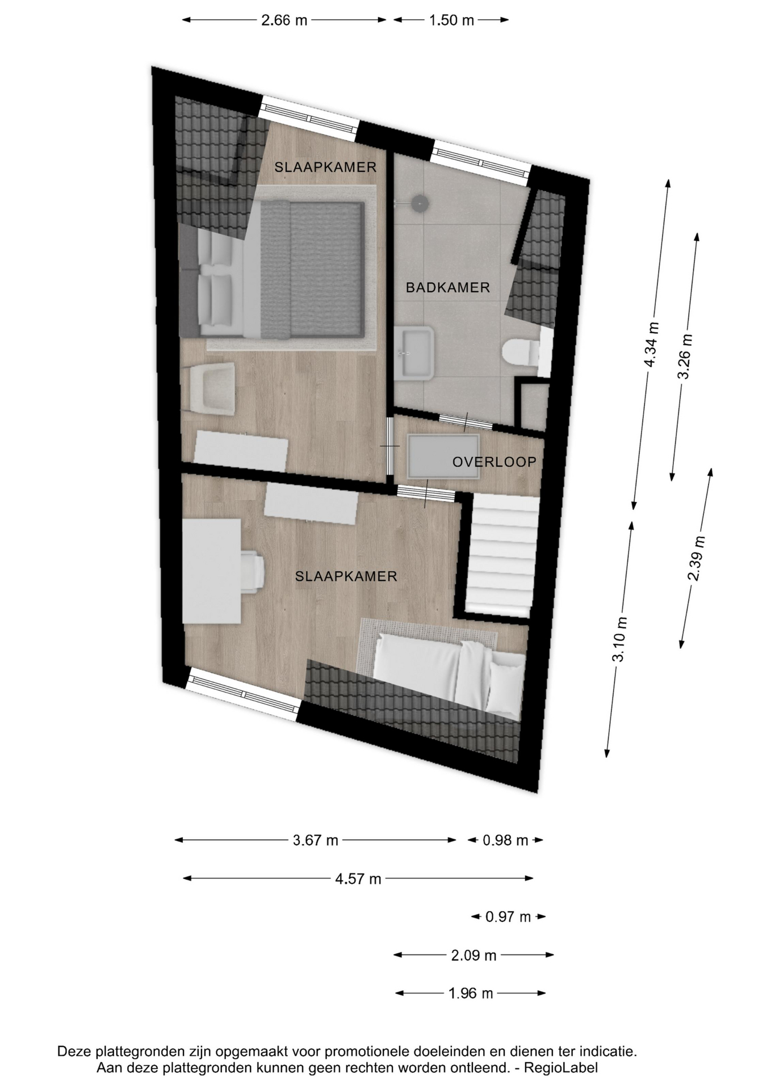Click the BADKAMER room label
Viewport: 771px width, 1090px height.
point(447,288)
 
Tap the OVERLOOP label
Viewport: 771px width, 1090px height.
point(494,462)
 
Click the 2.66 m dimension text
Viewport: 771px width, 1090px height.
point(284,20)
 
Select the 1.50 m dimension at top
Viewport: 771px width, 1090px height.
point(451,20)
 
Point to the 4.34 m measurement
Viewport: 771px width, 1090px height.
point(652,345)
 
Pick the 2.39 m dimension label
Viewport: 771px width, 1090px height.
point(697,558)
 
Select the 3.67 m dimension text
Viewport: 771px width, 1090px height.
point(315,840)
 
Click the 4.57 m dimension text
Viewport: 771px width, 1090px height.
point(358,879)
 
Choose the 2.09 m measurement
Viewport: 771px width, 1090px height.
point(474,955)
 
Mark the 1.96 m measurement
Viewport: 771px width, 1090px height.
point(471,993)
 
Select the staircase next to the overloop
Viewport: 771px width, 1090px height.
point(501,555)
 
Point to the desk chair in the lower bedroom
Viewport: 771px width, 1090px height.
point(252,571)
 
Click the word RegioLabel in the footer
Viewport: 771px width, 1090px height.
point(560,1068)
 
